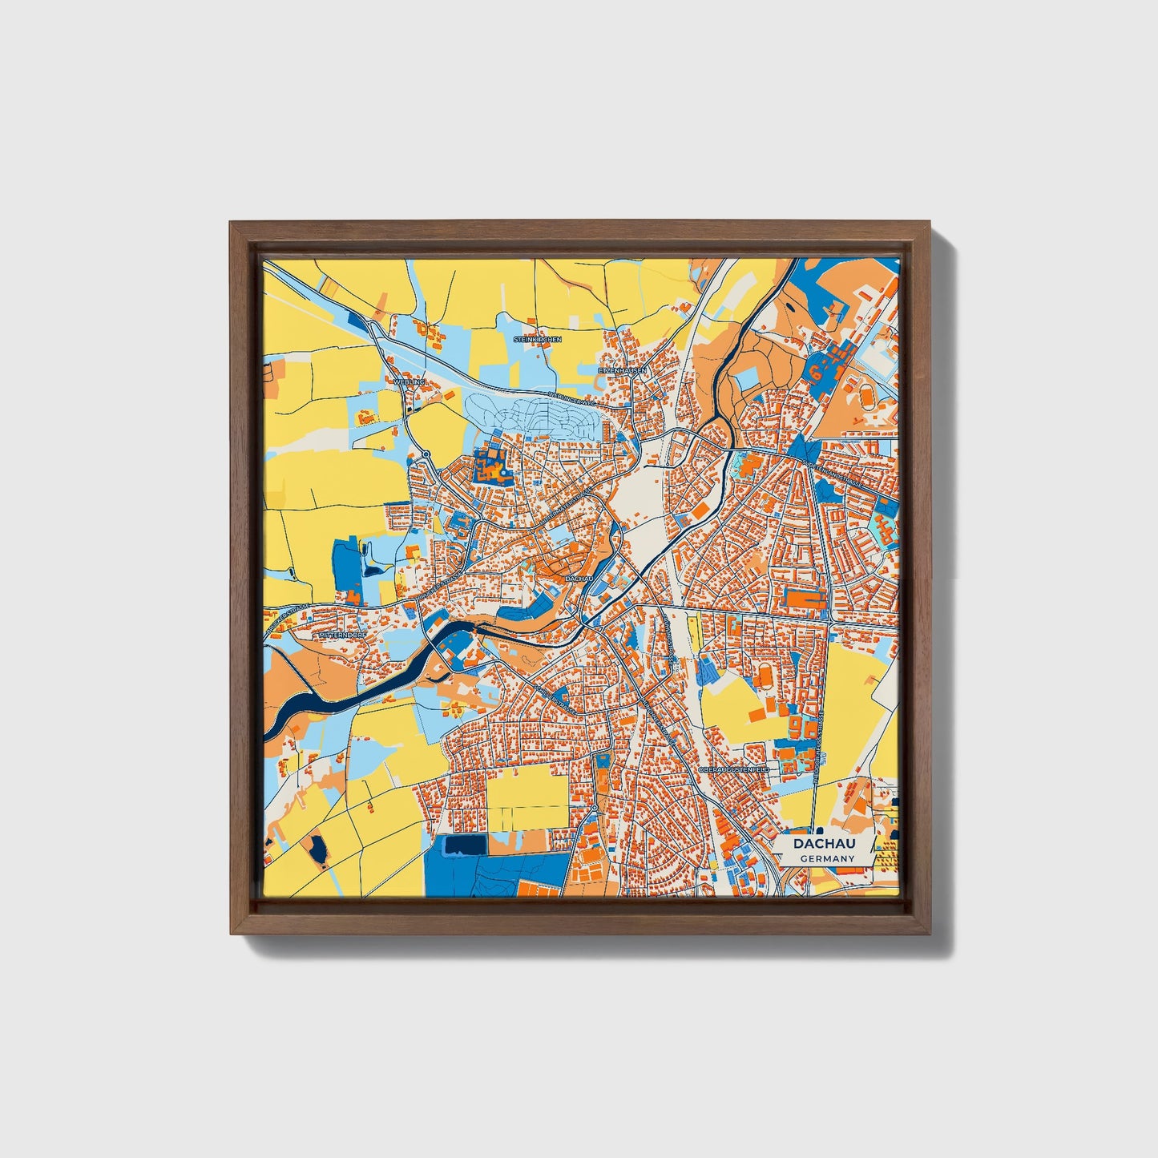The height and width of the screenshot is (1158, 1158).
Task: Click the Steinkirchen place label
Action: click(x=537, y=339)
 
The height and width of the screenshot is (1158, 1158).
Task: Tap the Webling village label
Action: click(x=409, y=382)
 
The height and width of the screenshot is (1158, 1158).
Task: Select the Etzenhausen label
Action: click(x=623, y=370)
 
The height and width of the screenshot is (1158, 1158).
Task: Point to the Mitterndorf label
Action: click(x=343, y=635)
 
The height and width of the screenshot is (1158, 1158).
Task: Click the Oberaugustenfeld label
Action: click(x=733, y=769)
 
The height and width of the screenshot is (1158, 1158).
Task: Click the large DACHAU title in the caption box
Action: click(x=824, y=844)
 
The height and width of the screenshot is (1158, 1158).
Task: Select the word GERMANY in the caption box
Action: click(x=827, y=858)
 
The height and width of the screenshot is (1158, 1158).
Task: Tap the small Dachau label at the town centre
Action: click(x=578, y=577)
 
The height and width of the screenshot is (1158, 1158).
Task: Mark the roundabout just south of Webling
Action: click(x=426, y=454)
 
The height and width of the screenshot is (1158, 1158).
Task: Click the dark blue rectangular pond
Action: click(x=465, y=845)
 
